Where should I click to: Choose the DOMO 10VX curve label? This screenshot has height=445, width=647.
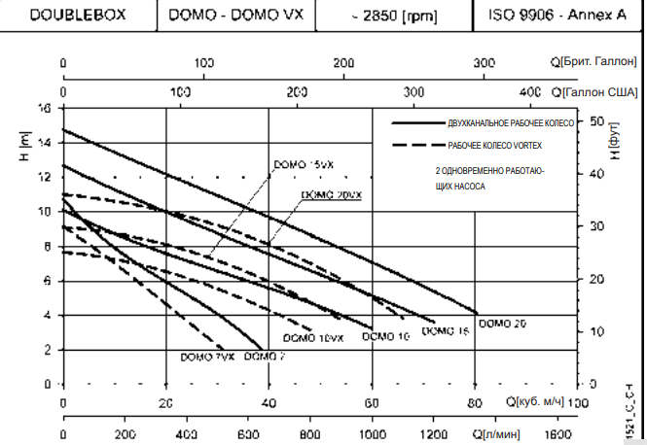(313, 338)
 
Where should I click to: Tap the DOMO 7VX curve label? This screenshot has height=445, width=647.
(207, 357)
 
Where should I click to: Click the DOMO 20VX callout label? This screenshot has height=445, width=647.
(332, 195)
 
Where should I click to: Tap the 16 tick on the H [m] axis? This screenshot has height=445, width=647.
(44, 108)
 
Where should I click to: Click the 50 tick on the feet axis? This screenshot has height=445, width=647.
(595, 121)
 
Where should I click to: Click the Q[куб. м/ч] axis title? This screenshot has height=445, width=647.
(533, 400)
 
